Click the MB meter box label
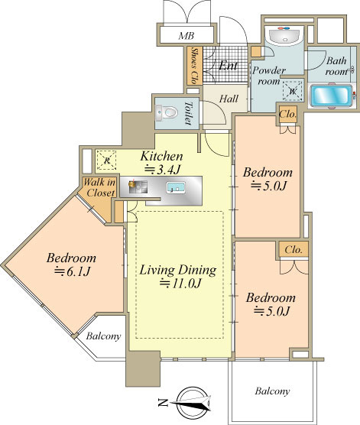click(186, 35)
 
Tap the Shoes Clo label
click(194, 66)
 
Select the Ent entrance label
click(228, 65)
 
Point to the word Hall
click(229, 99)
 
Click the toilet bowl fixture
click(167, 112)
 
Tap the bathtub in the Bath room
click(331, 96)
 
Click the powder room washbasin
click(284, 35)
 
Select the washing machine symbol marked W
click(293, 91)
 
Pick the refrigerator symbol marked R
click(106, 161)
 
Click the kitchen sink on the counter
click(176, 187)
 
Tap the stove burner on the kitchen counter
click(138, 187)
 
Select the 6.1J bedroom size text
click(72, 271)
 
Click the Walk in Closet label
click(99, 187)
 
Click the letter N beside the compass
click(162, 403)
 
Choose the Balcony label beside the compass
click(272, 391)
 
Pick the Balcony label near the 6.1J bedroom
click(103, 336)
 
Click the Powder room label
click(268, 76)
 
